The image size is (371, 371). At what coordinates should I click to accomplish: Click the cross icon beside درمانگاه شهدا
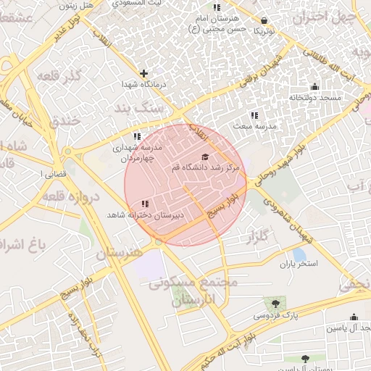[144, 73]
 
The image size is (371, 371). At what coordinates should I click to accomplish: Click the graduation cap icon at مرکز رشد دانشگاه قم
[205, 157]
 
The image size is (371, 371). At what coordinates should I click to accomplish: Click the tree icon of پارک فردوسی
[275, 304]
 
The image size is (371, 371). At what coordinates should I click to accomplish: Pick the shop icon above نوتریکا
[264, 21]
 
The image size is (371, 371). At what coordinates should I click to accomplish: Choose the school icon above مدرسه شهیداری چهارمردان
[137, 136]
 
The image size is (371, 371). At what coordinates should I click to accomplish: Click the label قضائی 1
[57, 174]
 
